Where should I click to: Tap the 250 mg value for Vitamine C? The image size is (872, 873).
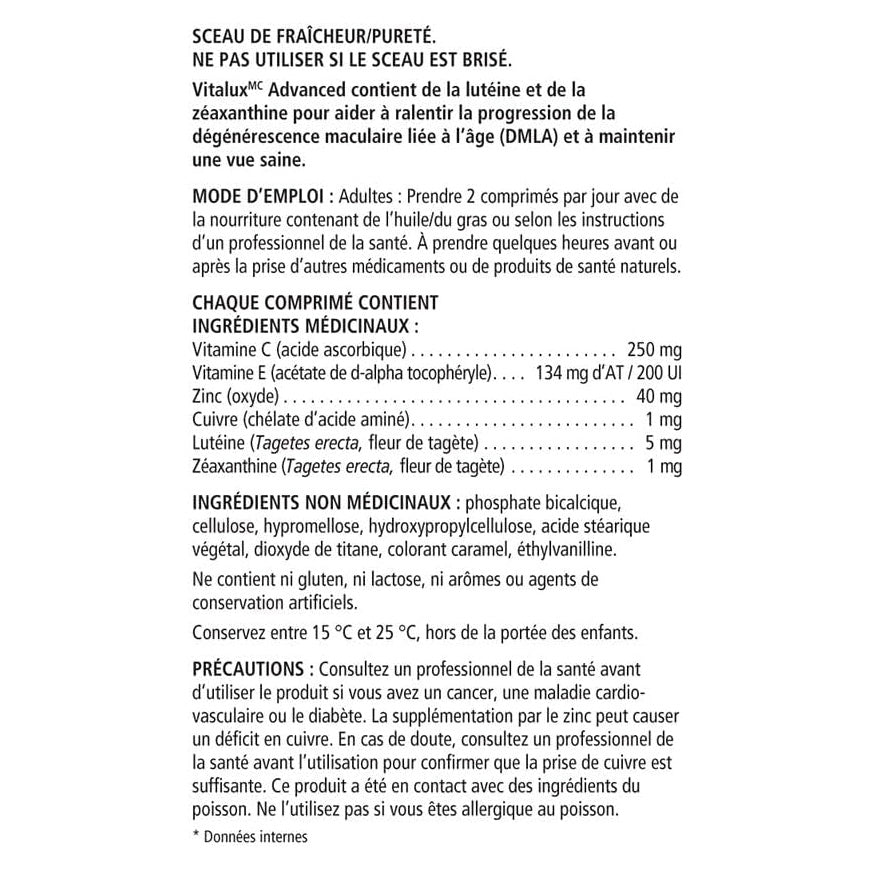pos(653,350)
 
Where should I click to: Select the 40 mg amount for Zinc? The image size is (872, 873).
pos(661,396)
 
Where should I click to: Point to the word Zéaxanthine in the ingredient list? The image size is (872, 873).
pos(233,467)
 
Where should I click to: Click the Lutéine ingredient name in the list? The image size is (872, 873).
pos(216,443)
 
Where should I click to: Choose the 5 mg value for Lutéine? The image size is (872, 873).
pos(663,443)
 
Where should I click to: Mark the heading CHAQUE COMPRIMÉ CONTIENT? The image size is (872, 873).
pos(314,301)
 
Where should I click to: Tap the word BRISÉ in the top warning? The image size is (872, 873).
pos(489,58)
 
